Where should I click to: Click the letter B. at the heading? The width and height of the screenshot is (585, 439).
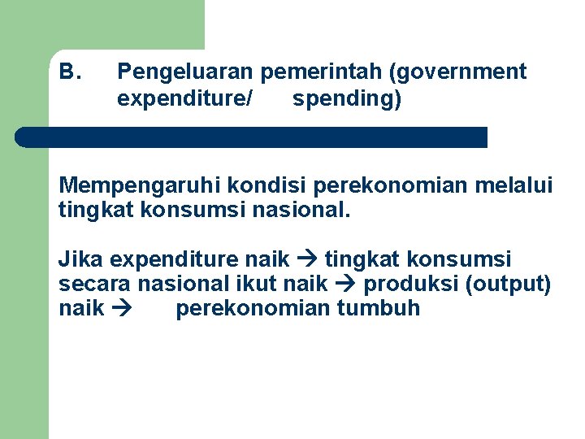click(70, 72)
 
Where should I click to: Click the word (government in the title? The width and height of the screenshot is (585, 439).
click(457, 73)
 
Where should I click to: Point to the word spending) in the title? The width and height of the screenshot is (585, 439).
click(347, 100)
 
